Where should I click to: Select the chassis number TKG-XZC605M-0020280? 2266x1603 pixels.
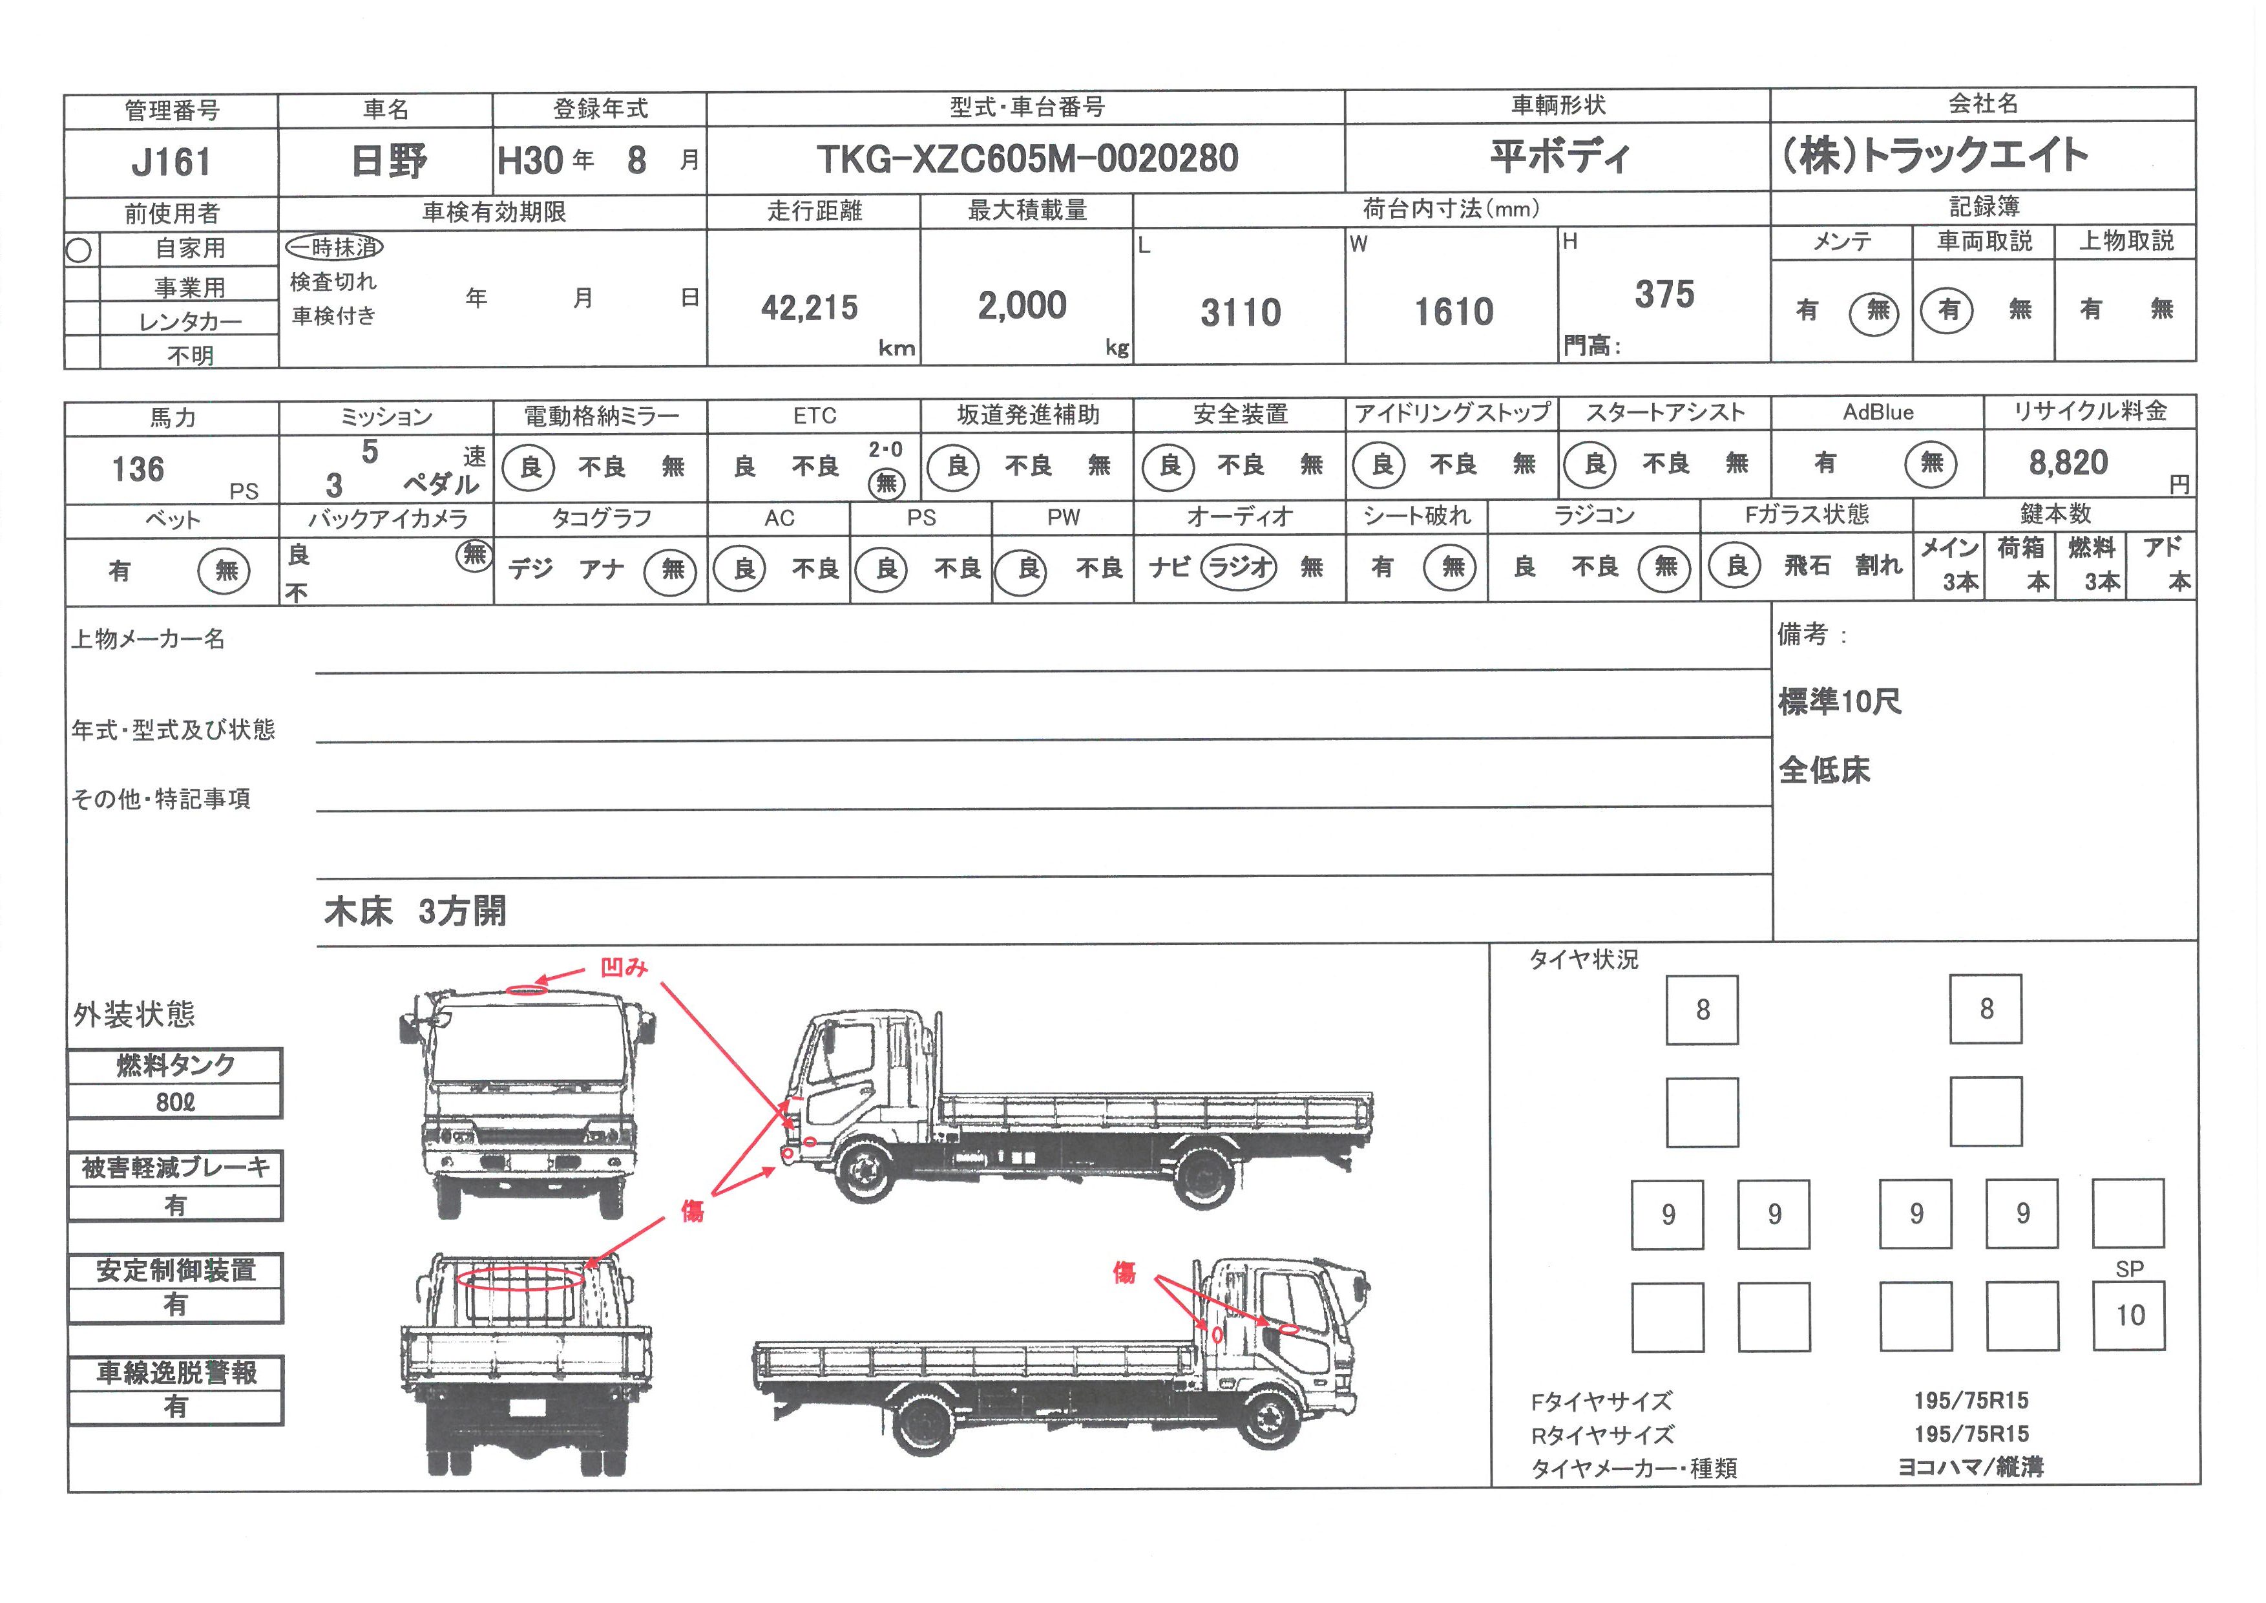click(1027, 158)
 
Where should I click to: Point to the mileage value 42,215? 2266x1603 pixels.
click(809, 308)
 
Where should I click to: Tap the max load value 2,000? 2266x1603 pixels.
click(1022, 306)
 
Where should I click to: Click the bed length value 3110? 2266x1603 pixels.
click(1241, 313)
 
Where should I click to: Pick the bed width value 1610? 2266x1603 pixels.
click(1454, 312)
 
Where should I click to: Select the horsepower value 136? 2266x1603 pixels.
click(138, 469)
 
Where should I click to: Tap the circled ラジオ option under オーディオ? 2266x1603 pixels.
click(1239, 567)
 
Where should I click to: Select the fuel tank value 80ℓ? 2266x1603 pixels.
click(176, 1101)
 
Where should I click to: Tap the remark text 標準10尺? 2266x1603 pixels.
click(1840, 702)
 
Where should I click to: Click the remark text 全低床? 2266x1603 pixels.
click(1824, 770)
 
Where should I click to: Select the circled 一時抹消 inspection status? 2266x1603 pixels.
click(333, 247)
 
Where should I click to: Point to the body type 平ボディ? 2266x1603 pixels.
click(1559, 156)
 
